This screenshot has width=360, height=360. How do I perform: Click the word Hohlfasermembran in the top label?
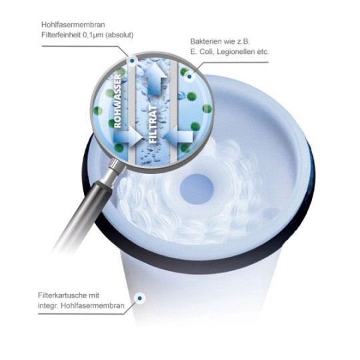[x=73, y=25]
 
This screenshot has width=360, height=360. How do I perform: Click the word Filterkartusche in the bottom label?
[x=63, y=295]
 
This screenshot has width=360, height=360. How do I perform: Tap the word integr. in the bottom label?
[x=48, y=306]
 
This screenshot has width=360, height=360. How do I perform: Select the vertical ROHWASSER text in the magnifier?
[x=117, y=101]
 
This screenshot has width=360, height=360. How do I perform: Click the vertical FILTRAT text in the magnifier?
[x=153, y=124]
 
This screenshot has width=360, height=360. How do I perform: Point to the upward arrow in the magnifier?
[x=154, y=79]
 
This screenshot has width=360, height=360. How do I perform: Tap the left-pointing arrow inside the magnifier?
[x=179, y=137]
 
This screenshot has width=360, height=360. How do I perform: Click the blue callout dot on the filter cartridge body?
[x=139, y=298]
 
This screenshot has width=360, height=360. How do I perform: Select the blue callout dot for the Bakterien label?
[x=189, y=77]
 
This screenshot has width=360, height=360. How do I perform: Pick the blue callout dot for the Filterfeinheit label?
[x=132, y=61]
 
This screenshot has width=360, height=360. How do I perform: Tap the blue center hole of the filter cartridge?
[x=197, y=189]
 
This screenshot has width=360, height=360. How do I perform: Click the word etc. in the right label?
[x=263, y=52]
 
